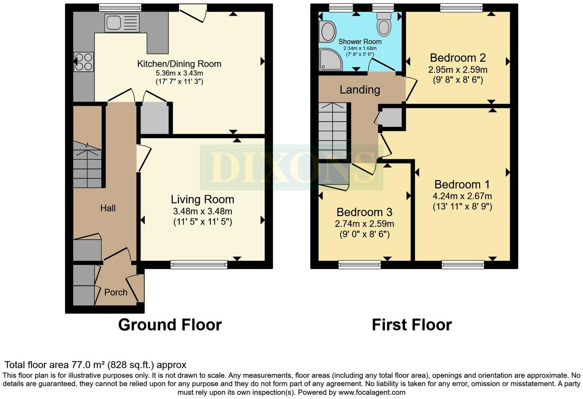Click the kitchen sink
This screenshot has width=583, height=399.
122,23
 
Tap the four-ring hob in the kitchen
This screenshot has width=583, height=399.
84,62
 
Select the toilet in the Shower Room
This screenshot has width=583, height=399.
384,24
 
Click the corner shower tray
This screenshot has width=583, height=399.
330,60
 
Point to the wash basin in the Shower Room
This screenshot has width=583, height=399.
327,31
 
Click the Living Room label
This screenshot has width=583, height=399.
202,199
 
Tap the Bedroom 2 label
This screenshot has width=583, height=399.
458,58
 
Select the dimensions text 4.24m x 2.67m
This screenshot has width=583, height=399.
462,196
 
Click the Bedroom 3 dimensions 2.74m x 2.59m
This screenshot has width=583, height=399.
364,224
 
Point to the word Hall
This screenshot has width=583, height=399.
108,208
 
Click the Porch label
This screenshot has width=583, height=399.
115,292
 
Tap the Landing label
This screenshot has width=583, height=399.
359,90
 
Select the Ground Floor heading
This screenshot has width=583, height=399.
170,325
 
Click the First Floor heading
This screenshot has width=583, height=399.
412,325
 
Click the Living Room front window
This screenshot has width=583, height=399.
199,264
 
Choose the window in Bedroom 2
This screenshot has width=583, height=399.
461,7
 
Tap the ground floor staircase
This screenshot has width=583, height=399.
87,165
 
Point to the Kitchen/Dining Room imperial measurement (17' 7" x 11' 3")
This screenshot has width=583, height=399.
179,81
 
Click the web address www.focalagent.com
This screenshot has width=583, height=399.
371,392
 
